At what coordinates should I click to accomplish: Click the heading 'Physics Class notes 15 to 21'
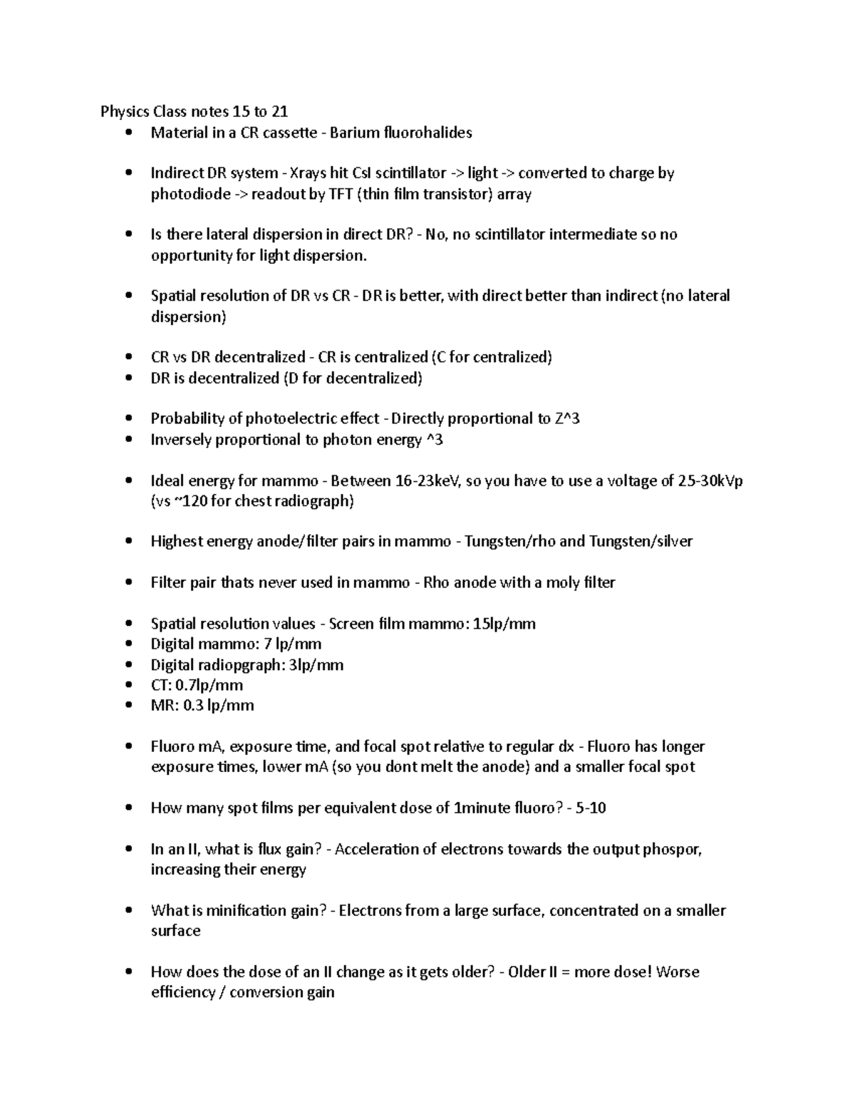click(x=194, y=111)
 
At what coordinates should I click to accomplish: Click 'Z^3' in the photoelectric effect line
click(x=566, y=418)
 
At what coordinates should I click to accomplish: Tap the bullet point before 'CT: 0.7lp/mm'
click(x=128, y=686)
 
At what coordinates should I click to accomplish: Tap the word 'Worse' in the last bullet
click(x=678, y=972)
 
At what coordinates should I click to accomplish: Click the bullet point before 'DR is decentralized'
click(x=128, y=379)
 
